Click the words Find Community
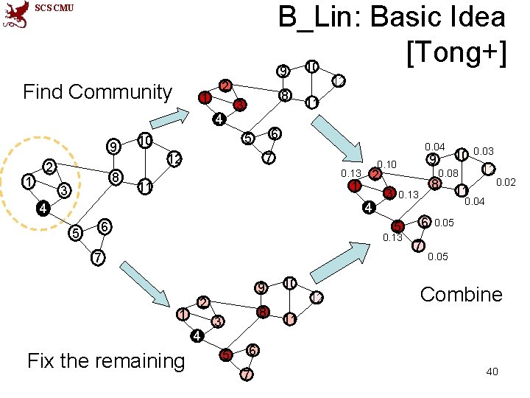(x=97, y=92)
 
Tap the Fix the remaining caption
(x=105, y=360)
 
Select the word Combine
(x=461, y=295)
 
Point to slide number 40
(x=492, y=371)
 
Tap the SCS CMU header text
(x=54, y=8)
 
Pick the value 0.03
(x=484, y=151)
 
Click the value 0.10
(x=386, y=164)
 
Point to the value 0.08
(x=448, y=173)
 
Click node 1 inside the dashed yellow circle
(x=27, y=181)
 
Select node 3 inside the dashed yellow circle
(x=64, y=192)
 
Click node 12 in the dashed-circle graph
(x=174, y=158)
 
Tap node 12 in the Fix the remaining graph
(x=316, y=297)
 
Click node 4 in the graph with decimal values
(x=369, y=209)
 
